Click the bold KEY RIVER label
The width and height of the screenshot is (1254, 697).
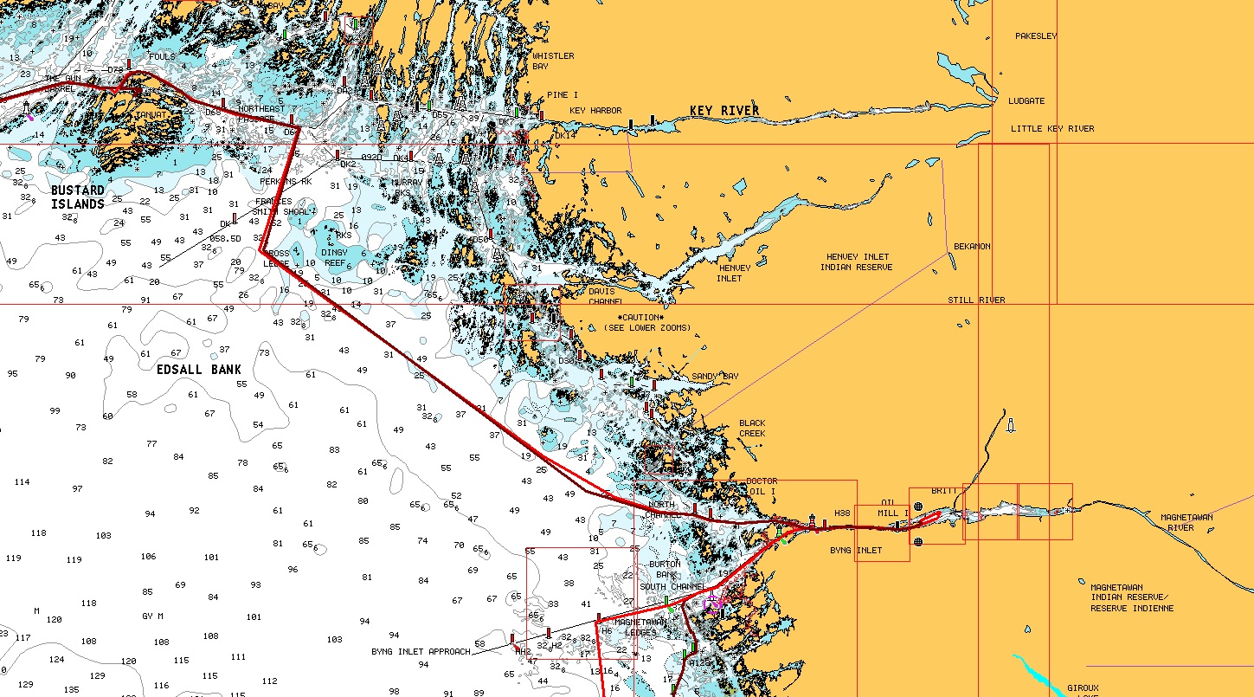tap(724, 111)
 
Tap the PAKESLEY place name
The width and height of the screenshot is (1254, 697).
tap(1036, 36)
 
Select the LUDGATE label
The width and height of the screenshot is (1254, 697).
tap(1026, 101)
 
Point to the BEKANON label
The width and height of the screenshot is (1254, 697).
tap(972, 247)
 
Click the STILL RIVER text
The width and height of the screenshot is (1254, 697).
tap(976, 300)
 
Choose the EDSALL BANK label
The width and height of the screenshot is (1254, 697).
tap(199, 370)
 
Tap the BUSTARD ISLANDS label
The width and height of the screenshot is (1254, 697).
tap(77, 197)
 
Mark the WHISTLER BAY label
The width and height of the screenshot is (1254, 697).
tap(552, 61)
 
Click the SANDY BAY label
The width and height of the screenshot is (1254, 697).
tap(715, 377)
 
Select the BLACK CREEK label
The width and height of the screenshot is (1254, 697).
tap(752, 429)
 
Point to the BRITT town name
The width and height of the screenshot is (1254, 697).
tap(944, 491)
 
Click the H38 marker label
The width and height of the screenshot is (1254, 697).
tap(842, 513)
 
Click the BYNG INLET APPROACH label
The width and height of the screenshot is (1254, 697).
tap(421, 652)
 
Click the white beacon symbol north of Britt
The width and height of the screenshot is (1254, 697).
tap(1010, 425)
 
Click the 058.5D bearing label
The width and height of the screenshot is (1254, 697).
tap(226, 238)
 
